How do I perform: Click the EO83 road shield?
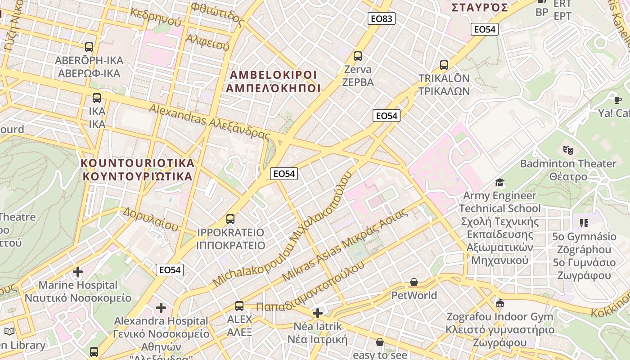coord(381,18)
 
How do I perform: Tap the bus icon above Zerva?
coord(358,56)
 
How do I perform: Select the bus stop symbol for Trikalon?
coord(444,65)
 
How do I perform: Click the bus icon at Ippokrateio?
coord(230,219)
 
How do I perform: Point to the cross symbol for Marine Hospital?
coord(78,272)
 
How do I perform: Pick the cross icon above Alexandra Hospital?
coord(161,308)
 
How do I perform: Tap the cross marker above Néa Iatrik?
coord(318,313)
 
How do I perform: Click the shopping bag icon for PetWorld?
coord(414,282)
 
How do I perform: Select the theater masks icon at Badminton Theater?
coord(568,150)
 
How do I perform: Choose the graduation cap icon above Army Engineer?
coord(499,182)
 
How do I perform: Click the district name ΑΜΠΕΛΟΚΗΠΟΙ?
coord(273,88)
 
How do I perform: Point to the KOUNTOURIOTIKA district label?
coord(139,163)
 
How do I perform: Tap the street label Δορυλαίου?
coord(150,219)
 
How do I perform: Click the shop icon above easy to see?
coord(380,342)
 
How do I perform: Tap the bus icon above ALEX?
coord(239,306)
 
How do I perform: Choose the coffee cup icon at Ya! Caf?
coord(617,99)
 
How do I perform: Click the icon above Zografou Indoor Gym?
coord(499,303)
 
